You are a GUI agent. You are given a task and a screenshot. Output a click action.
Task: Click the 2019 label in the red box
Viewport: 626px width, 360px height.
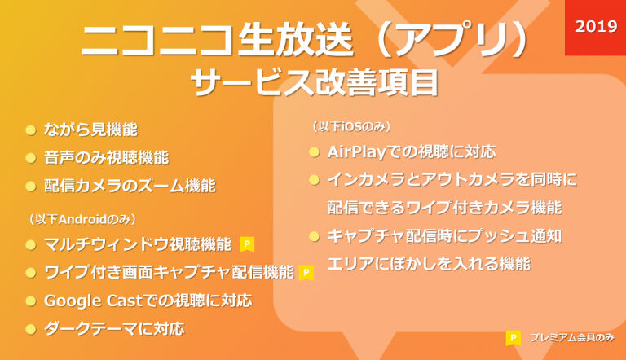point(596,26)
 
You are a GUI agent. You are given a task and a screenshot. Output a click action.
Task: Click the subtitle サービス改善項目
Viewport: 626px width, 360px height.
point(315,83)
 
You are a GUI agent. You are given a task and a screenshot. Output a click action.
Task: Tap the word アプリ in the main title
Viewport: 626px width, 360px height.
point(452,40)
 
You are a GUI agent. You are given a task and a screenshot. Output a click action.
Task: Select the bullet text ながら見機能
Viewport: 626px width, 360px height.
point(90,130)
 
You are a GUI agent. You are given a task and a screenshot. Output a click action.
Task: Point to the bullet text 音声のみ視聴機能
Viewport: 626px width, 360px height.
point(106,158)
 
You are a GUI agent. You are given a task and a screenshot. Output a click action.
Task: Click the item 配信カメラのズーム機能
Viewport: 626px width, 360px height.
point(130,186)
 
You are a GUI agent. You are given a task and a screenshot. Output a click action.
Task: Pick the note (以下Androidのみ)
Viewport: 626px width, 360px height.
point(82,219)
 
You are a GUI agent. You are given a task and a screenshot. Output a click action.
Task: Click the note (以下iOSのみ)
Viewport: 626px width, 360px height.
point(351,126)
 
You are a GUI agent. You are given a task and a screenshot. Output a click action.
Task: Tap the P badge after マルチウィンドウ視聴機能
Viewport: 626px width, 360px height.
point(247,244)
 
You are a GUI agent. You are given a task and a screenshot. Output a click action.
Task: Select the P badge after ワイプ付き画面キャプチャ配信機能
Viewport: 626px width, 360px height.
point(306,273)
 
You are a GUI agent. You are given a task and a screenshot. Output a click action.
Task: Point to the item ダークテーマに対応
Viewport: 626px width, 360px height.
point(114,329)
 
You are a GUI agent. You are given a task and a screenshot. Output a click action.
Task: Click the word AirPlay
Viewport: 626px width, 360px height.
point(356,152)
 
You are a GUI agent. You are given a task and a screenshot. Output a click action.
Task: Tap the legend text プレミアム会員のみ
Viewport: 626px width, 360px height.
point(571,338)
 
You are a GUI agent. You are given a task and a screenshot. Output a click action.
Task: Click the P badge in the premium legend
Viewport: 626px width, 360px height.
point(513,338)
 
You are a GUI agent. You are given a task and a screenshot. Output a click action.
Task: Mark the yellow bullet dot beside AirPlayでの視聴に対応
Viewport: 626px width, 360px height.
point(314,152)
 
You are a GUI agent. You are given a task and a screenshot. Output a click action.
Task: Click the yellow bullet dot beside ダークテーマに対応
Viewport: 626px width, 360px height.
point(31,329)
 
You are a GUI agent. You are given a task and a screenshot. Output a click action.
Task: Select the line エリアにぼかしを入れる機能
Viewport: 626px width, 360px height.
point(429,264)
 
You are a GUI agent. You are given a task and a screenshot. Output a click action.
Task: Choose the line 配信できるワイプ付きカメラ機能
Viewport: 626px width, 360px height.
point(444,208)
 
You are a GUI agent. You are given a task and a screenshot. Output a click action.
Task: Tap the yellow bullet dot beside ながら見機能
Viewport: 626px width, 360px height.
point(31,130)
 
